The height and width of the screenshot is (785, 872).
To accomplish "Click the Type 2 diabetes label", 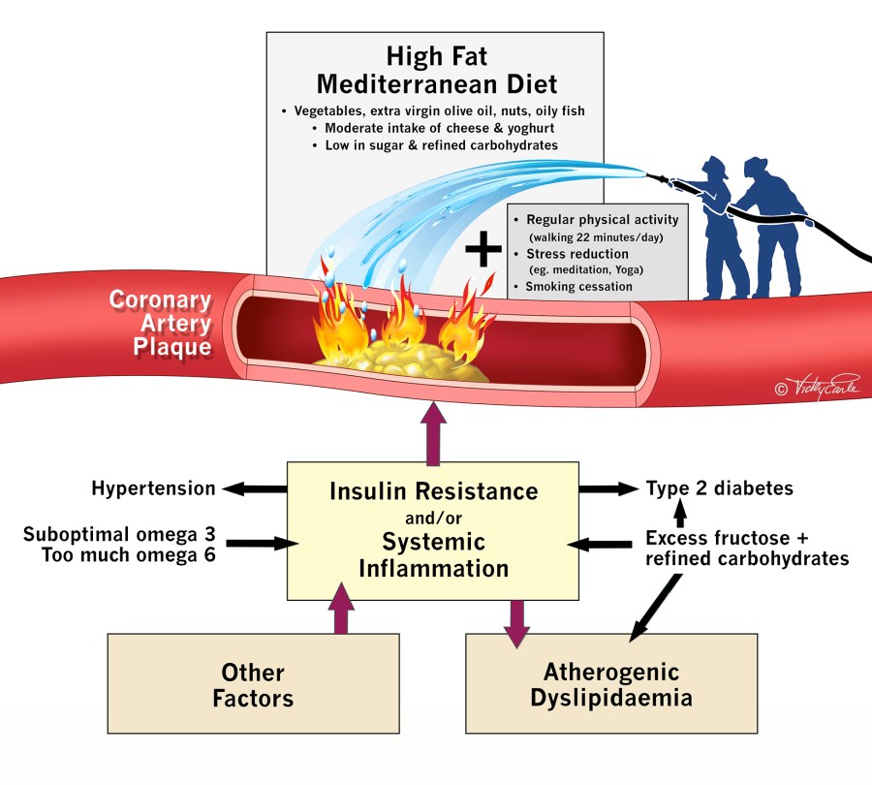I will tap(720, 488).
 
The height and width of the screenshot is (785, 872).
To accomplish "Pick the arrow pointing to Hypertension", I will tap(254, 488).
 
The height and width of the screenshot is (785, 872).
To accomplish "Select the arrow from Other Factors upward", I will tap(340, 608).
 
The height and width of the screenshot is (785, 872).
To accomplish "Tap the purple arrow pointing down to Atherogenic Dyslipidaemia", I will tap(517, 622).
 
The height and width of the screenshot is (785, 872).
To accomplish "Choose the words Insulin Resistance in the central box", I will tap(433, 490).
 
